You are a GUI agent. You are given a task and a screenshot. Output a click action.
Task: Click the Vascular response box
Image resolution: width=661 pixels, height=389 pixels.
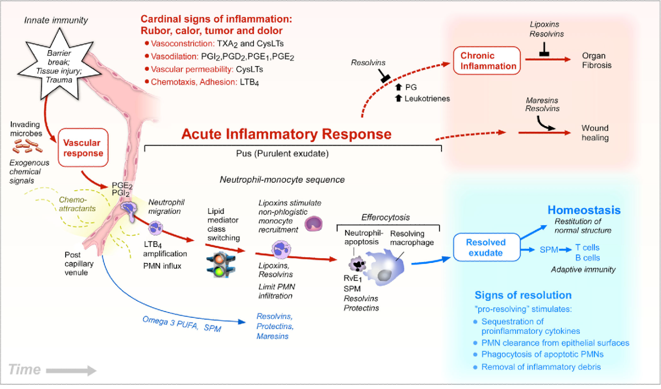[83, 148]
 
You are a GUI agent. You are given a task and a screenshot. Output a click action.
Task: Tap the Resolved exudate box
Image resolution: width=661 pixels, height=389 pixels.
[486, 247]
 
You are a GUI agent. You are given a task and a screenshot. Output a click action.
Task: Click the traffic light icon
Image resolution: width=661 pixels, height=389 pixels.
[216, 265]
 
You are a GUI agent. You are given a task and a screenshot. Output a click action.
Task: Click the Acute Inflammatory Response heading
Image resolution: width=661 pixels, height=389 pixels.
[286, 134]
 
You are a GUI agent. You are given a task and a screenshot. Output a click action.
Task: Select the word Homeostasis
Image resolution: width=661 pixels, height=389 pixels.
[584, 210]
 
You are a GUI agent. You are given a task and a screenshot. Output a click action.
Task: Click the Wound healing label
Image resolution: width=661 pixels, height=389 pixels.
[595, 133]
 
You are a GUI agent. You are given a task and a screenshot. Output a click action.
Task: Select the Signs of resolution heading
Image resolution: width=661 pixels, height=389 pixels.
[523, 295]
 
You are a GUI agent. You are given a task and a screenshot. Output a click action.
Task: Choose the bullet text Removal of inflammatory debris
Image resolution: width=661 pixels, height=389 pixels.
[542, 367]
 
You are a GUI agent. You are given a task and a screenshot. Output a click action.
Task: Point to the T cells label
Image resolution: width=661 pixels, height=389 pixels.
[588, 247]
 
